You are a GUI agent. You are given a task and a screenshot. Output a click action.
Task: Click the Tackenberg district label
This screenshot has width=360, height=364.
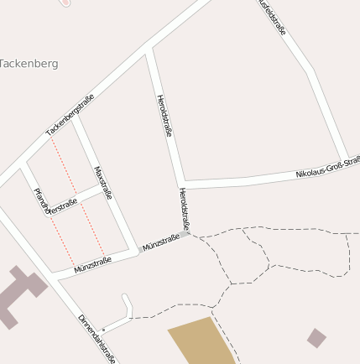tap(29, 64)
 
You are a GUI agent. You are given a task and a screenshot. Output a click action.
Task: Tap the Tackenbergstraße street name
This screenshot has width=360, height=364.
tap(70, 115)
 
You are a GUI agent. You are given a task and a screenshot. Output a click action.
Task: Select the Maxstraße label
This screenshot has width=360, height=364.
tap(103, 183)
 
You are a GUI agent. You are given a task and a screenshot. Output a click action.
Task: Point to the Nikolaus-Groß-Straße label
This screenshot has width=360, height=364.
tap(328, 167)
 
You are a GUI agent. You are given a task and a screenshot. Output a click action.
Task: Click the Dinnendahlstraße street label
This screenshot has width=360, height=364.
tap(97, 338)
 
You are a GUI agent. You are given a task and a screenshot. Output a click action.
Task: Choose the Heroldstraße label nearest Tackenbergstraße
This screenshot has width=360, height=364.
tap(164, 116)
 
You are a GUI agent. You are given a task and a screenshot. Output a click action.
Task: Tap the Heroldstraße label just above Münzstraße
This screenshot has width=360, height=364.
tap(184, 209)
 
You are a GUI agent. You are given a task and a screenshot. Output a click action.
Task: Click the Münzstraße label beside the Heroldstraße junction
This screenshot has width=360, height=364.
tap(161, 242)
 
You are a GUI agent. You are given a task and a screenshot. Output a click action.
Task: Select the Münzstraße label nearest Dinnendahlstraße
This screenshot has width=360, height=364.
tap(92, 265)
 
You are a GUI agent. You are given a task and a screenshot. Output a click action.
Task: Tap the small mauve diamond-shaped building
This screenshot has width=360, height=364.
tap(316, 338)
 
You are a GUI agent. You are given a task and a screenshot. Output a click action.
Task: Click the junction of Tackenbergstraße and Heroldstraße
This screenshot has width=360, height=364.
tap(148, 49)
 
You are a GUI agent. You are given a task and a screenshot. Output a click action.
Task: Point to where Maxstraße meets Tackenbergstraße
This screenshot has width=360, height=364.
tap(75, 118)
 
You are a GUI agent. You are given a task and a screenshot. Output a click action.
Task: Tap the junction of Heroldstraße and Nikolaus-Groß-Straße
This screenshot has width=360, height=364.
tap(181, 185)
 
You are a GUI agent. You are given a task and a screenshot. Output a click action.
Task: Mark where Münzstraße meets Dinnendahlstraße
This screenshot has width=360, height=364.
tap(52, 276)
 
